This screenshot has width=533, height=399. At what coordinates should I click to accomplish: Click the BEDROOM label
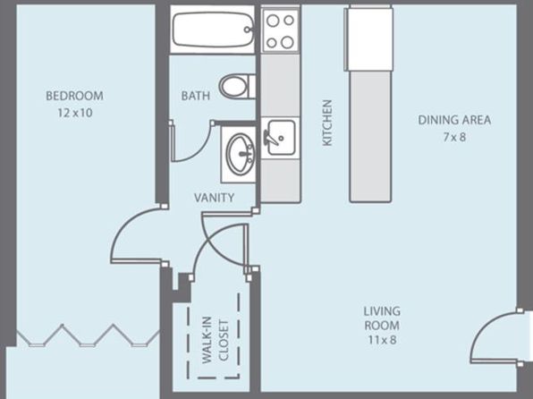74,96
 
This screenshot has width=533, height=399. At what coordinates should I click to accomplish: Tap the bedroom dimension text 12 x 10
75,113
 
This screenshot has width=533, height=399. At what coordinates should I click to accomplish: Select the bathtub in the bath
213,30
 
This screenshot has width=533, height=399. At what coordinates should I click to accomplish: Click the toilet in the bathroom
237,87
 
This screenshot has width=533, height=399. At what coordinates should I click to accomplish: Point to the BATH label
196,96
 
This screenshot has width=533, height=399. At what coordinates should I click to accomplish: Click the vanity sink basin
241,154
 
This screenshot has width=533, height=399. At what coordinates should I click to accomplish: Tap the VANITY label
214,198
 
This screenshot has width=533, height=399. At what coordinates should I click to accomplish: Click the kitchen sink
280,138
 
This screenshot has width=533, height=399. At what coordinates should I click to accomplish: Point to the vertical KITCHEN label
327,123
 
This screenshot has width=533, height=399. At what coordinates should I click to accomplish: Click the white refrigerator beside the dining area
369,39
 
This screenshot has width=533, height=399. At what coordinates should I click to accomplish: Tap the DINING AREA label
454,120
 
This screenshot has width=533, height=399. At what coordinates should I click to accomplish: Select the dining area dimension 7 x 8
454,137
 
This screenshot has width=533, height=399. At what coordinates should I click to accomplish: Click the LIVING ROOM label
382,318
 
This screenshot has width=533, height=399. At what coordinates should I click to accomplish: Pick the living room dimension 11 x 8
382,340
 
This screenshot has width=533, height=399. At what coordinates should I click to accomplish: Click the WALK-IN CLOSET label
216,339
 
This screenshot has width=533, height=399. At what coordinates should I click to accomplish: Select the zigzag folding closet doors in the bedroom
88,335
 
